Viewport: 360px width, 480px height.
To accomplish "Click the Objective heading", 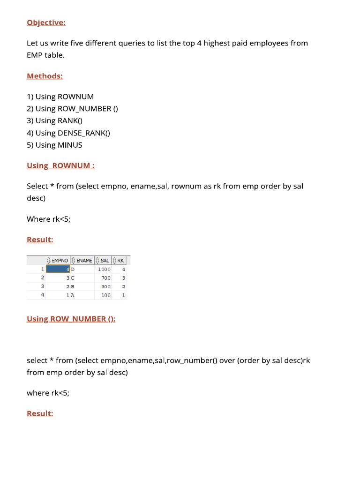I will (46, 22).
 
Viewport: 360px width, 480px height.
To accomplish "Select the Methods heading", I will (45, 76).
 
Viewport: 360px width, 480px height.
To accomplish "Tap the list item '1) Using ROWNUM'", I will (60, 97).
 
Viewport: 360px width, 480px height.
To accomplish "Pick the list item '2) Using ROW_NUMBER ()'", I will (72, 109).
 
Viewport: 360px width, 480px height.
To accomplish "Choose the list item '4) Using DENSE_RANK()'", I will (68, 133).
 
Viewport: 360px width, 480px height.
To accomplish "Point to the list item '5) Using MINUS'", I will (54, 145).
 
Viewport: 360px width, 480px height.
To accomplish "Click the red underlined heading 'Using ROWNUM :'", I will (60, 165).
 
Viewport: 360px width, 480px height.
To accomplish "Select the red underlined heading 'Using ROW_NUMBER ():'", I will (71, 319).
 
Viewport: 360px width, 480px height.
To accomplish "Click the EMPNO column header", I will (60, 261).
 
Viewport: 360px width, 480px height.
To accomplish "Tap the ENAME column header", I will (84, 261).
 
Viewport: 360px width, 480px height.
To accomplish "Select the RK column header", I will (120, 261).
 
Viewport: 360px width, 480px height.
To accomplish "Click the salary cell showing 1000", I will (104, 269).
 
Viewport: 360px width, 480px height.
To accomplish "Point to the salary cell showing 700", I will (105, 278).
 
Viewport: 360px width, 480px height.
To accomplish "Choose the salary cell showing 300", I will (105, 286).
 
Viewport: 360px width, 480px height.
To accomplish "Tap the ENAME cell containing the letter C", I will (73, 278).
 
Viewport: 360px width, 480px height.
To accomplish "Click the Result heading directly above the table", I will (40, 240).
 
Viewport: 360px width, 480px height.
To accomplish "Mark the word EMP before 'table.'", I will (35, 55).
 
